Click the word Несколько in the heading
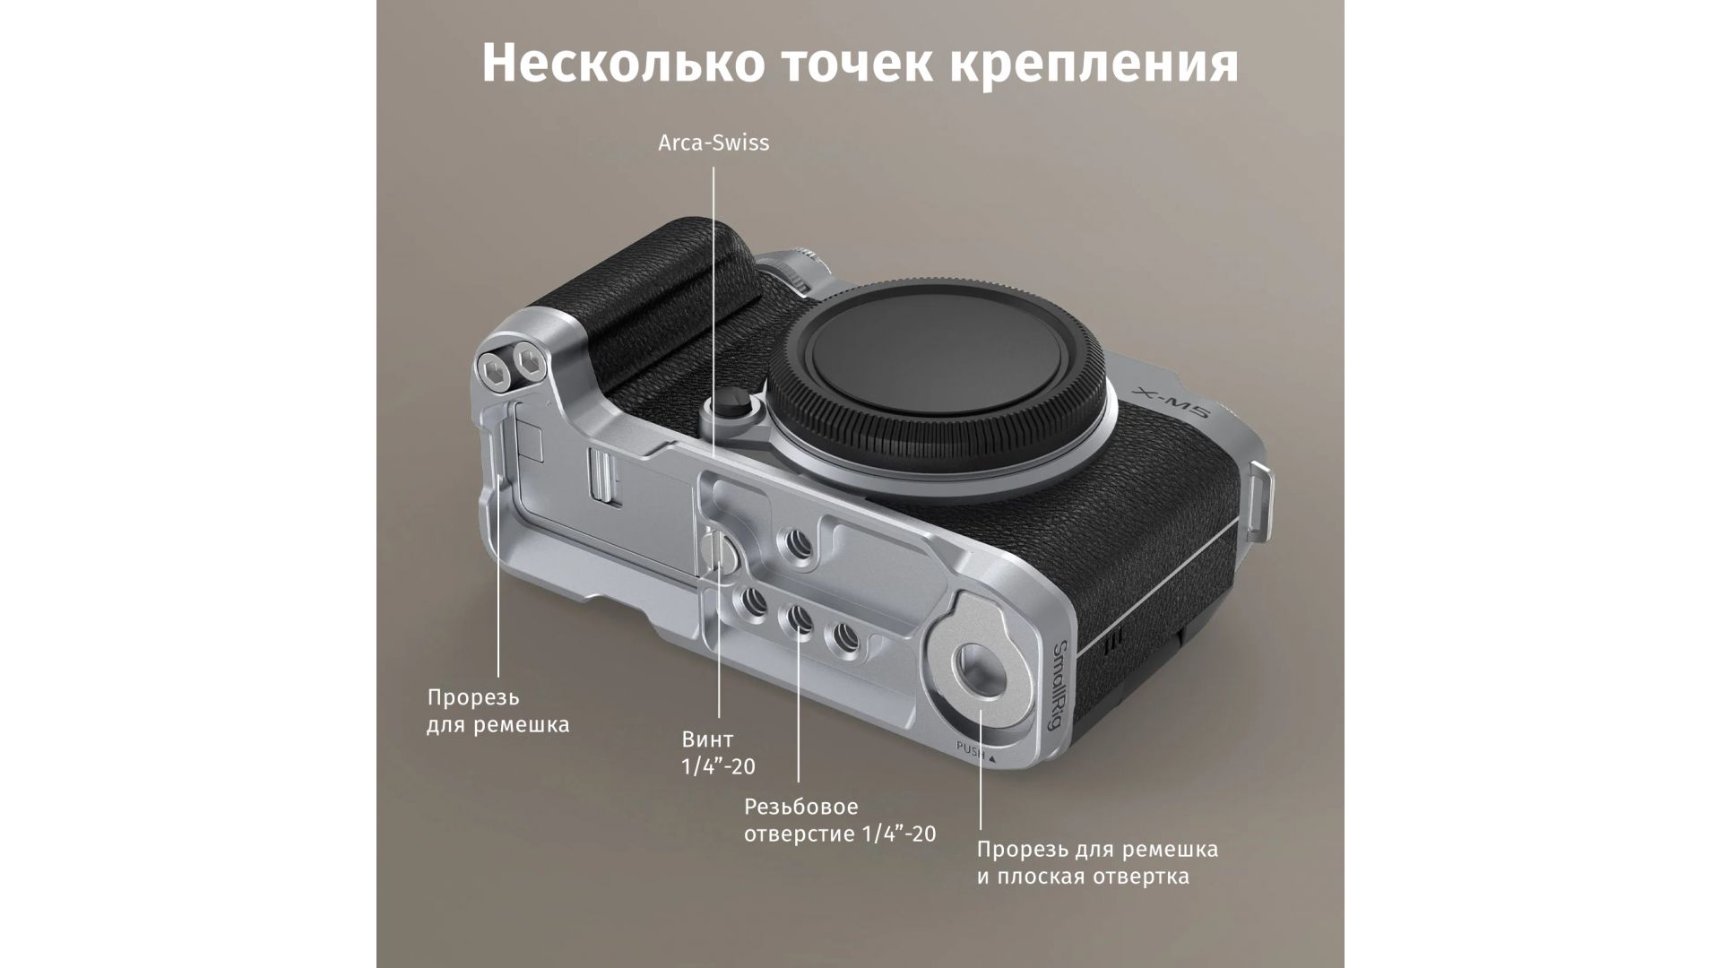click(x=624, y=63)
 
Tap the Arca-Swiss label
click(x=713, y=143)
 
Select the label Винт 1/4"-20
click(x=719, y=753)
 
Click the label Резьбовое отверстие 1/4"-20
click(x=840, y=821)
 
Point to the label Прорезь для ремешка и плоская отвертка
click(x=1097, y=862)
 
